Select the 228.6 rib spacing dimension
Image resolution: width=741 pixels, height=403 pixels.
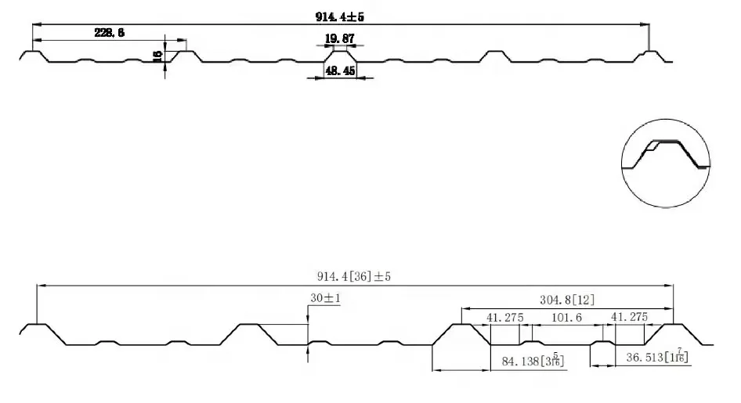tap(110, 32)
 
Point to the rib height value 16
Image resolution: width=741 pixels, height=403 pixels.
tap(157, 55)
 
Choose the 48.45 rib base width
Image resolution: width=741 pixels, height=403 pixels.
tap(340, 70)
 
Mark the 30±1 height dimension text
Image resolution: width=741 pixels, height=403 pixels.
tap(325, 299)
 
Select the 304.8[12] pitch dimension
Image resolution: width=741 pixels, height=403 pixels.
tap(566, 300)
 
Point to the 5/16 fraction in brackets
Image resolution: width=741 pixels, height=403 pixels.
tap(555, 361)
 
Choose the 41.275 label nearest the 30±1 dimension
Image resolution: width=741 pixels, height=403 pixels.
tap(504, 318)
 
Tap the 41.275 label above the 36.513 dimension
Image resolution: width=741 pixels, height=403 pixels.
tap(629, 318)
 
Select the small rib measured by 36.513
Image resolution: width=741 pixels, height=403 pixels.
tap(602, 343)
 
